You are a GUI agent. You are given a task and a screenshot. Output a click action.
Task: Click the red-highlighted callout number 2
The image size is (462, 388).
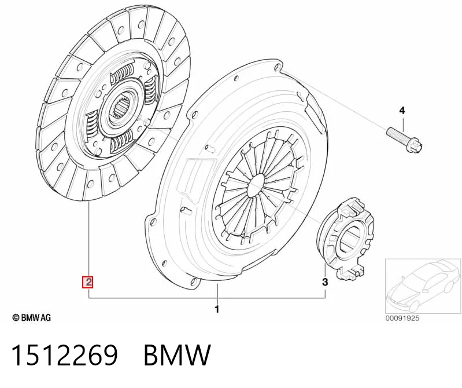click(x=88, y=282)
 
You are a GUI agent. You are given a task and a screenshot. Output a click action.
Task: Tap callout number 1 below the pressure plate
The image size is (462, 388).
click(x=217, y=309)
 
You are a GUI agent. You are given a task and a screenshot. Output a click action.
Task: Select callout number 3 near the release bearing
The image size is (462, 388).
click(x=325, y=282)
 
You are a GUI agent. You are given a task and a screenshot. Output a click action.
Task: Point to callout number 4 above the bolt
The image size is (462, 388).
click(x=402, y=111)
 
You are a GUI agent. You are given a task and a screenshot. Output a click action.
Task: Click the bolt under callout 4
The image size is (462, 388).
click(x=405, y=140)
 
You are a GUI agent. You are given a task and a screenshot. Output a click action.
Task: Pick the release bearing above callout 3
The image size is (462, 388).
click(x=347, y=238)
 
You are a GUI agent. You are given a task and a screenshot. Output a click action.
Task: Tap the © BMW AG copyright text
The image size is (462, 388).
click(x=32, y=317)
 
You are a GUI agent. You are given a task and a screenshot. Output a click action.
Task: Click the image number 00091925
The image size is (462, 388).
click(x=402, y=318)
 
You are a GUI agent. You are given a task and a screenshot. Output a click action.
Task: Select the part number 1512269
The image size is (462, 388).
click(x=65, y=355)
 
